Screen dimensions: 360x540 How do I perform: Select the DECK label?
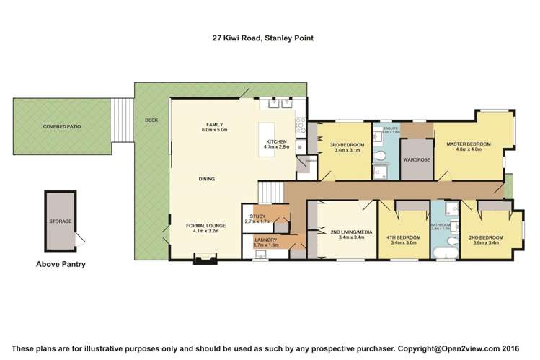tap(151, 120)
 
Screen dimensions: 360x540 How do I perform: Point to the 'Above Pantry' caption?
tap(61, 264)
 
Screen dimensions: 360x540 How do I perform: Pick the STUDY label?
tap(257, 216)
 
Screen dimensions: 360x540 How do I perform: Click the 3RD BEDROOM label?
tap(347, 145)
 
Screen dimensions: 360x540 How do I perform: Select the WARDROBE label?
tap(416, 159)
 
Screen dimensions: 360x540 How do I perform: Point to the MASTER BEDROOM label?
tap(468, 144)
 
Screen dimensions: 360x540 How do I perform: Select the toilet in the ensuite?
tap(380, 172)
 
